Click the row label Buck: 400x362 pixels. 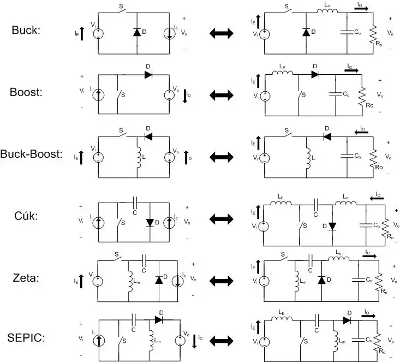pyautogui.click(x=26, y=30)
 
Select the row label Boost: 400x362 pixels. pyautogui.click(x=26, y=92)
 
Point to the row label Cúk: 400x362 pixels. pyautogui.click(x=26, y=216)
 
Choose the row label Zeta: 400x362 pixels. pyautogui.click(x=26, y=278)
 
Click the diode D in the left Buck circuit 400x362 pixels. pyautogui.click(x=136, y=32)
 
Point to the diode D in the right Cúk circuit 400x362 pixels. pyautogui.click(x=331, y=225)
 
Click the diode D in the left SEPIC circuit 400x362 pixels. pyautogui.click(x=159, y=319)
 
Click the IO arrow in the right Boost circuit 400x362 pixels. pyautogui.click(x=351, y=70)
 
